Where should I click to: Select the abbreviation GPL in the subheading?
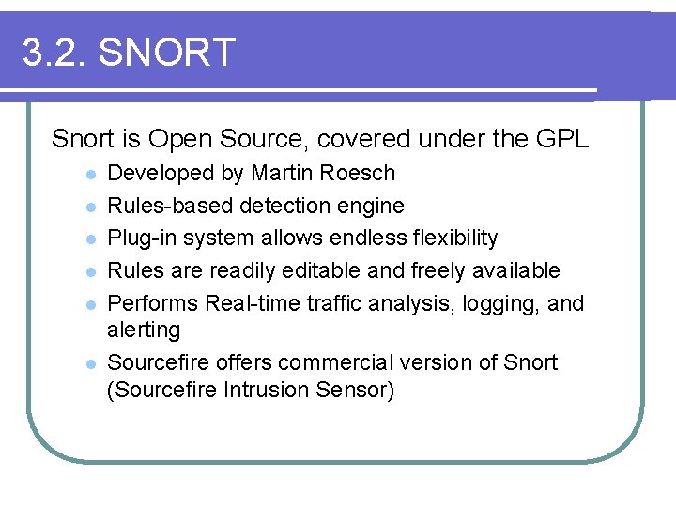click(x=561, y=140)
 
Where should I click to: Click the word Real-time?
click(x=250, y=303)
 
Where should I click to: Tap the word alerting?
click(x=144, y=330)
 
